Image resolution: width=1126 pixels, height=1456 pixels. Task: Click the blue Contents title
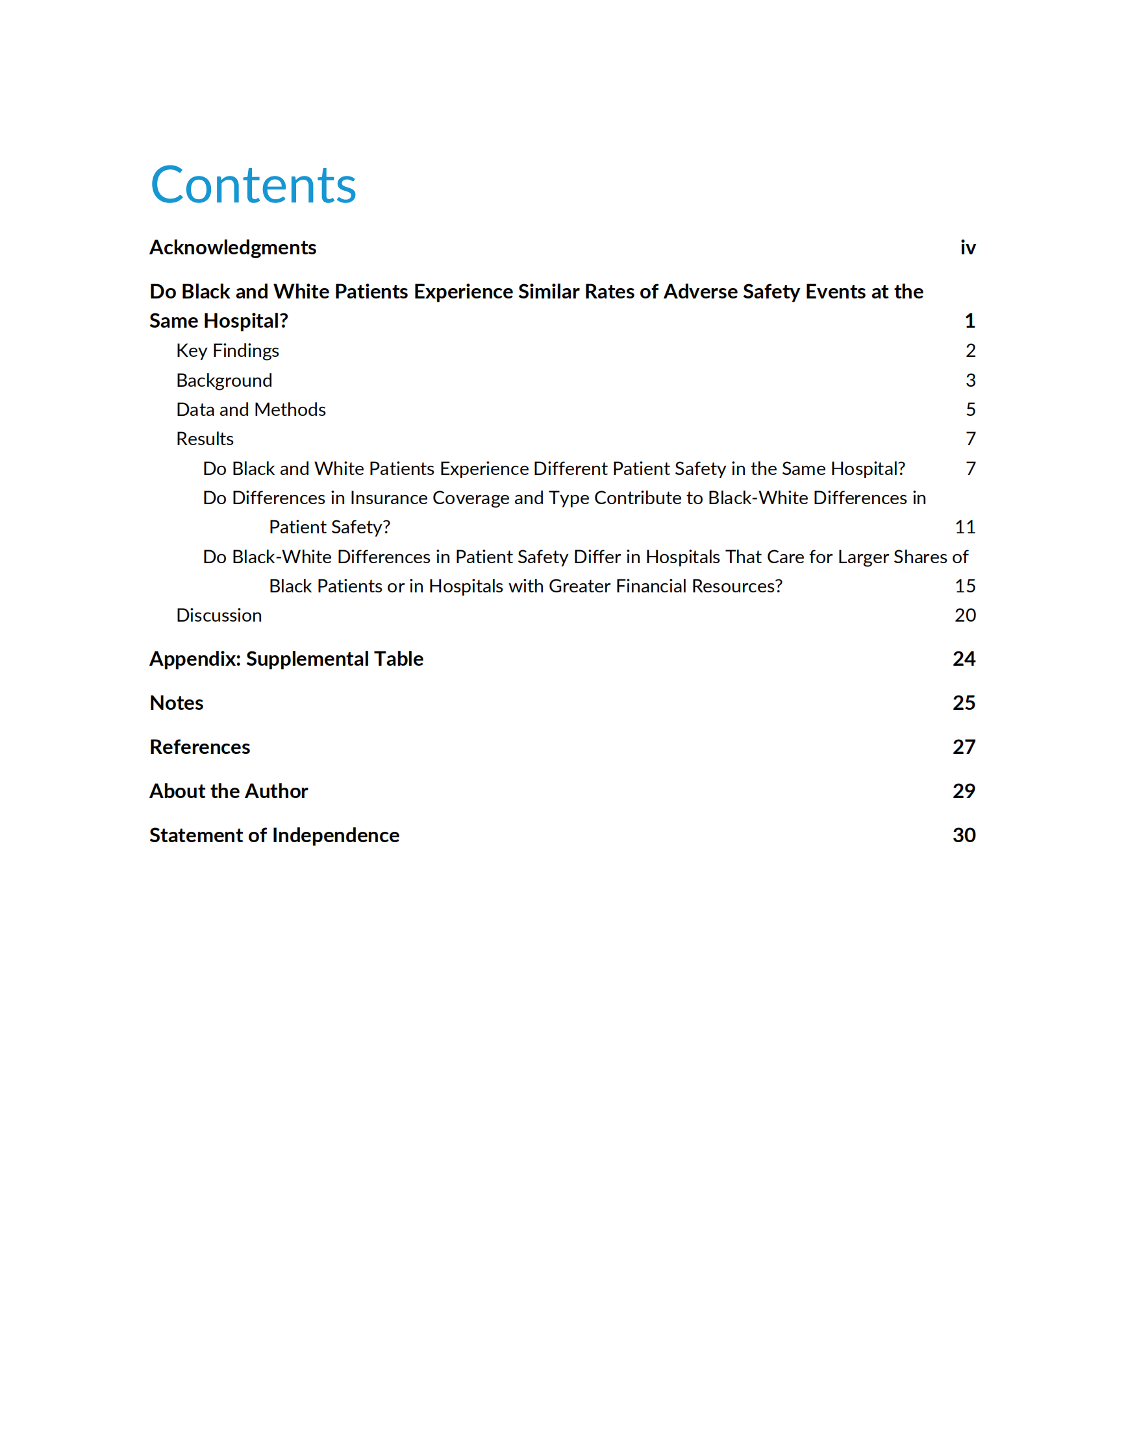253,185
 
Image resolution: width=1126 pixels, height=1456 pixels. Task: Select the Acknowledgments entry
233,247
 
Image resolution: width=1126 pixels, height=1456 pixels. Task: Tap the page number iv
968,247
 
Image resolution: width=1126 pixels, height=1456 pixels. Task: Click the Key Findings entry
227,350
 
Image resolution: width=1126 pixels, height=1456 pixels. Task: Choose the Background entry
224,380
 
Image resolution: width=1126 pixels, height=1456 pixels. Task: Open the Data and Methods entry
251,409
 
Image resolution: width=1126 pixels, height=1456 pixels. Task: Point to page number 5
971,409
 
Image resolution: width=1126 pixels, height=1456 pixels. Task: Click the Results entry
205,439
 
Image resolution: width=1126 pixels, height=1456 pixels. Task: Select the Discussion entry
219,615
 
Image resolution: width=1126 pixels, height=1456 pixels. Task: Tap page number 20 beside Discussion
964,615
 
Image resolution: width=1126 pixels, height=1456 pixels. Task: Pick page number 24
964,659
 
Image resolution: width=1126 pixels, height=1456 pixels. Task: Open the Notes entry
177,703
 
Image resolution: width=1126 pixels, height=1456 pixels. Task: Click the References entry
200,747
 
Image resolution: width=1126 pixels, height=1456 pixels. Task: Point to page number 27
964,747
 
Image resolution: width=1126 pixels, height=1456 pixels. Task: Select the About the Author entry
229,791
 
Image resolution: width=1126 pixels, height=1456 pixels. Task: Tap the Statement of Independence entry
274,835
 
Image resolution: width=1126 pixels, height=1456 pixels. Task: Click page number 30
964,835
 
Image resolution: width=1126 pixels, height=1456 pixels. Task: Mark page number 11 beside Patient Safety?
964,528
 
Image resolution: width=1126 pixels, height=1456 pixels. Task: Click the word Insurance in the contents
388,498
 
